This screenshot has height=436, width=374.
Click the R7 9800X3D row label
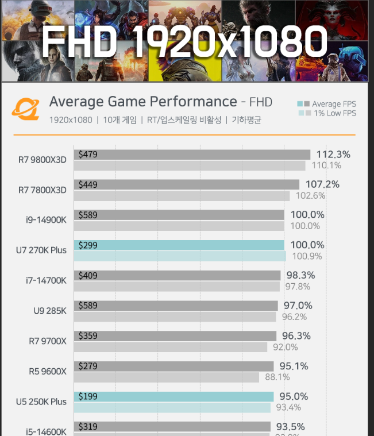point(42,160)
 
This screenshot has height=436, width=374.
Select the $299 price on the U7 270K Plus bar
point(88,245)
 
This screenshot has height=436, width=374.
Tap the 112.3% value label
point(333,155)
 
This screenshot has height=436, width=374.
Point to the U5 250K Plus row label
point(41,402)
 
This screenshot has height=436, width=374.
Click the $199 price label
point(88,396)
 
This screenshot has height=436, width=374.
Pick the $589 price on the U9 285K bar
point(88,306)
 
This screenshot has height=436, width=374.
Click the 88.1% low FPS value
point(277,377)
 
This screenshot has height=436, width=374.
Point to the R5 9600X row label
point(47,372)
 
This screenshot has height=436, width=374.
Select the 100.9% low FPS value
point(307,256)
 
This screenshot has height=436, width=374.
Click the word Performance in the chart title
point(193,102)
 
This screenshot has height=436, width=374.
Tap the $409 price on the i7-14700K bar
point(88,276)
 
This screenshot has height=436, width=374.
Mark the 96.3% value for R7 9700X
point(296,335)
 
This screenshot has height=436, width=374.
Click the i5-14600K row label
point(46,431)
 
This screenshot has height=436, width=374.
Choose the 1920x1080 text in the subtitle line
point(70,120)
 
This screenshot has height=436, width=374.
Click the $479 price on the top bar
point(88,155)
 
